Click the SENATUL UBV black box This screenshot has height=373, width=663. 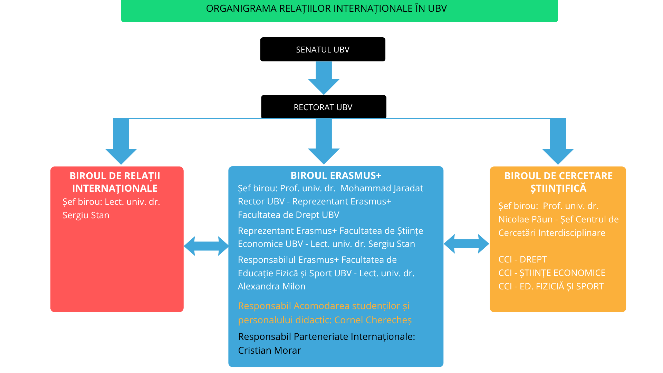click(323, 49)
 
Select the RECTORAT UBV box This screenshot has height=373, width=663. click(323, 107)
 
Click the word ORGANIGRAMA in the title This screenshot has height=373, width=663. click(241, 9)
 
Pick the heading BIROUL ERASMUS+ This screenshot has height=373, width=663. click(336, 175)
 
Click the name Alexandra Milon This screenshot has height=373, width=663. click(272, 286)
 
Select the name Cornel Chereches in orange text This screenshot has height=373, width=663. click(373, 320)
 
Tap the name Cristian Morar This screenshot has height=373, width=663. click(269, 350)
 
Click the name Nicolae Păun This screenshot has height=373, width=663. click(526, 219)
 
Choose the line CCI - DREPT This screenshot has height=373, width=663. click(522, 259)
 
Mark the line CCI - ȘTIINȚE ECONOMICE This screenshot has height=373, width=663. click(551, 273)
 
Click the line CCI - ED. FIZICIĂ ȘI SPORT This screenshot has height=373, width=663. click(551, 286)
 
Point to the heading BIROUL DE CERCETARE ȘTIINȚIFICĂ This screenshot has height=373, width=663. click(558, 182)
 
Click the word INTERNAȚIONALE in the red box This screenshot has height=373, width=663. click(115, 188)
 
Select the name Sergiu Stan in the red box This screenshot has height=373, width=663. click(86, 215)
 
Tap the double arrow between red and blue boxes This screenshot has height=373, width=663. click(206, 246)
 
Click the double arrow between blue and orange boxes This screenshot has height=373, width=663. click(466, 244)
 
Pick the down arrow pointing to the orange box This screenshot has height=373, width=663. click(558, 145)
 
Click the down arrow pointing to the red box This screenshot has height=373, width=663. click(121, 145)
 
